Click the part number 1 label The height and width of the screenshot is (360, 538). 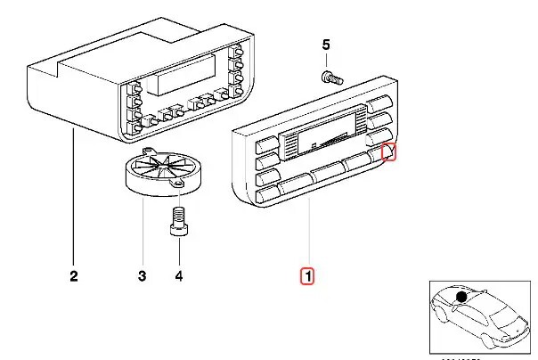click(306, 276)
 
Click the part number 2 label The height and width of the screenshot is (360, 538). click(73, 276)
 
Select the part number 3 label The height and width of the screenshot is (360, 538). click(142, 276)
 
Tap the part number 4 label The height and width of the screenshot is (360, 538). click(178, 276)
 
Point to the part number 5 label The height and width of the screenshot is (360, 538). click(325, 45)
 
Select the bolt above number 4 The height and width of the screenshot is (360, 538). click(176, 219)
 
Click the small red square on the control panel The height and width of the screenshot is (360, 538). click(389, 153)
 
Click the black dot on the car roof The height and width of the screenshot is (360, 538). click(461, 297)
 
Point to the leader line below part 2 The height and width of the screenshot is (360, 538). click(73, 196)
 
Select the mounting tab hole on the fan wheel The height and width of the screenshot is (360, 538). click(181, 183)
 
